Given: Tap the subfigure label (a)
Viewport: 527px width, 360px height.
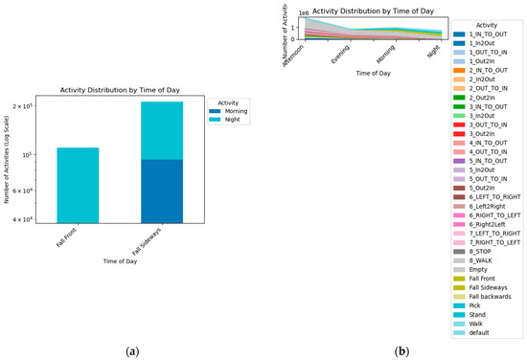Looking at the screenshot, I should pos(132,352).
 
